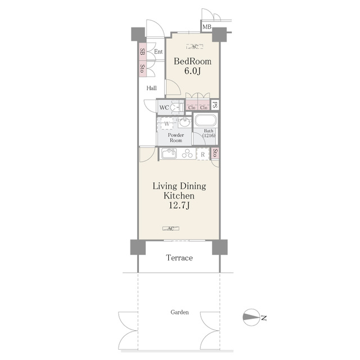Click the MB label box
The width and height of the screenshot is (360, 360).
[x=206, y=27]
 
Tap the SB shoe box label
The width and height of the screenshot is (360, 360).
[x=142, y=52]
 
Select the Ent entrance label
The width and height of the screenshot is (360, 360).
[x=159, y=52]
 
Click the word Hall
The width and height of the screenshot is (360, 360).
[x=151, y=88]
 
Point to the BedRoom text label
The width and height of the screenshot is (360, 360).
[x=192, y=61]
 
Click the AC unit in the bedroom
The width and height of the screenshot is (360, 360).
[x=195, y=47]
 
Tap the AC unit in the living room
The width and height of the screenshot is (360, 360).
[x=170, y=228]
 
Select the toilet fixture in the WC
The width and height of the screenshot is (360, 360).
[x=177, y=107]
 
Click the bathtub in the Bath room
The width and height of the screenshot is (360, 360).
[x=205, y=120]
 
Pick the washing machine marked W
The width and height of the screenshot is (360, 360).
[x=167, y=124]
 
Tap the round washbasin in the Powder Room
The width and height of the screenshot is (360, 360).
[x=184, y=122]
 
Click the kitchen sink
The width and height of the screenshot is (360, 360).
[x=169, y=154]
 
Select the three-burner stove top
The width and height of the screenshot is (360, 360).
[x=187, y=154]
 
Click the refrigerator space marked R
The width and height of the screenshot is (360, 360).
[x=203, y=155]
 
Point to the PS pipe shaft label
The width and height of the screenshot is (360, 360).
[x=215, y=105]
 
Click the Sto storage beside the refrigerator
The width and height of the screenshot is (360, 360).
[x=215, y=153]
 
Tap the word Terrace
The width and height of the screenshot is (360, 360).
[x=179, y=258]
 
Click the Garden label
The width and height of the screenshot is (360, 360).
[x=179, y=312]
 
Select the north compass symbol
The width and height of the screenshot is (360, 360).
[x=251, y=317]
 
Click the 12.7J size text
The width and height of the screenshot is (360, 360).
[x=179, y=205]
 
